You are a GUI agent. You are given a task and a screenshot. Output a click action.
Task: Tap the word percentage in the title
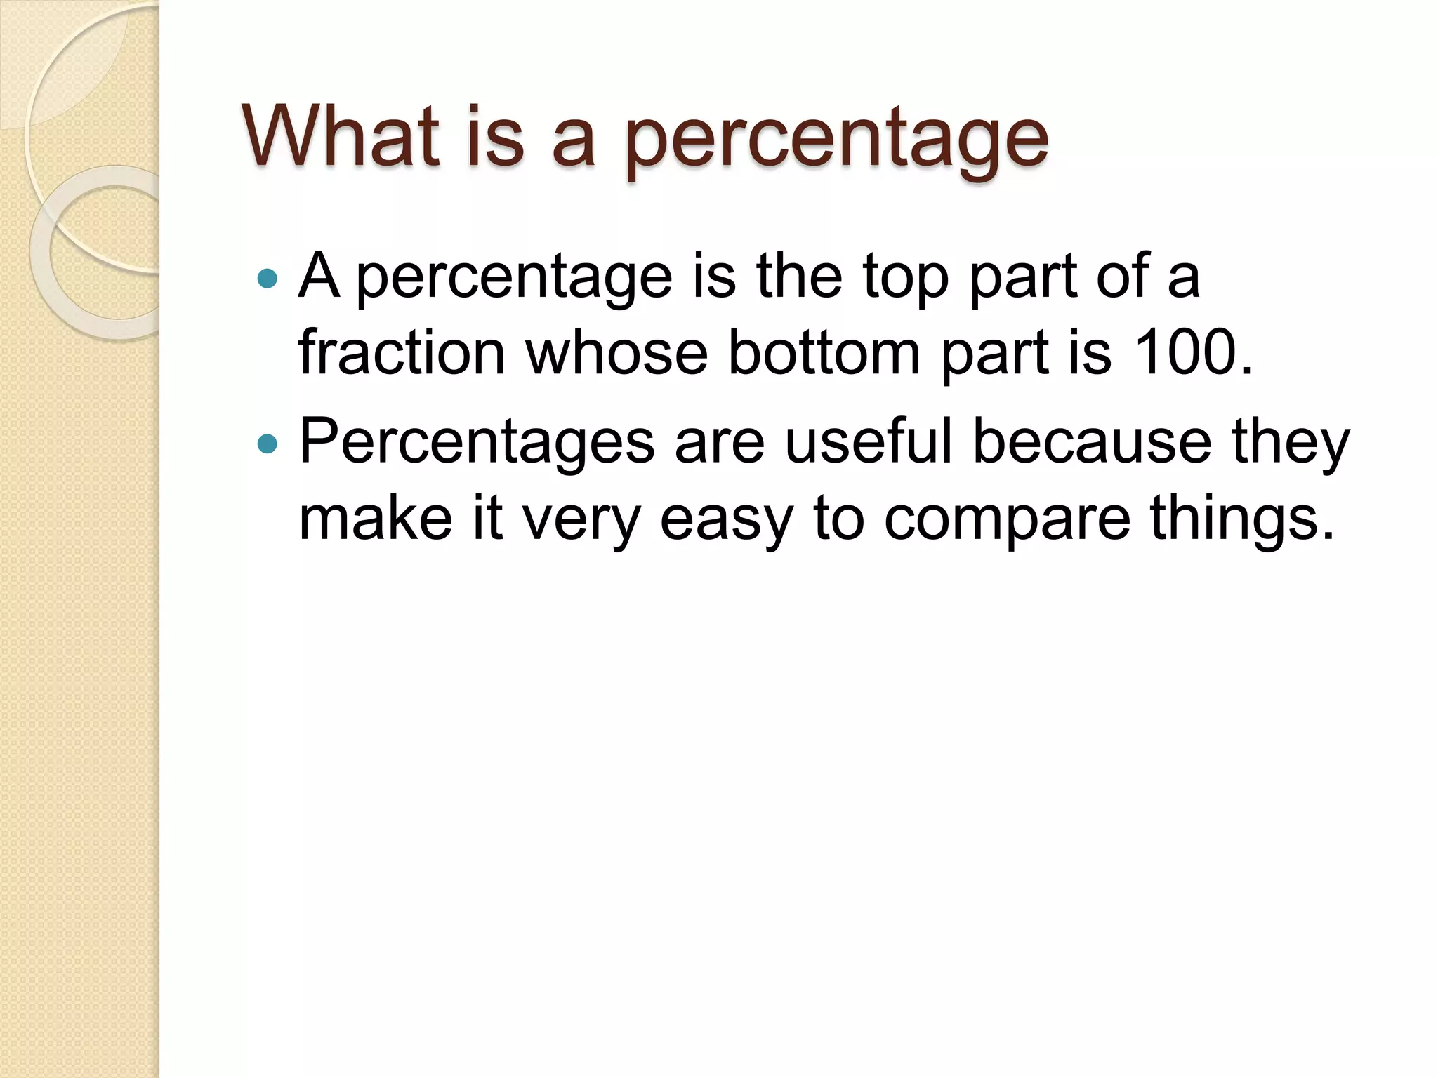pos(836,140)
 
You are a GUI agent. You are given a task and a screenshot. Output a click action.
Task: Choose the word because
pos(1092,442)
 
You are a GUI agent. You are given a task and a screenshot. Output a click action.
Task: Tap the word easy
pos(725,521)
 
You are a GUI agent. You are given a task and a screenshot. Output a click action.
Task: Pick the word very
pos(581,521)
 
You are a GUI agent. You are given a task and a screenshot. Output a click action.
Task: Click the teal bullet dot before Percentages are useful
pos(268,444)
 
